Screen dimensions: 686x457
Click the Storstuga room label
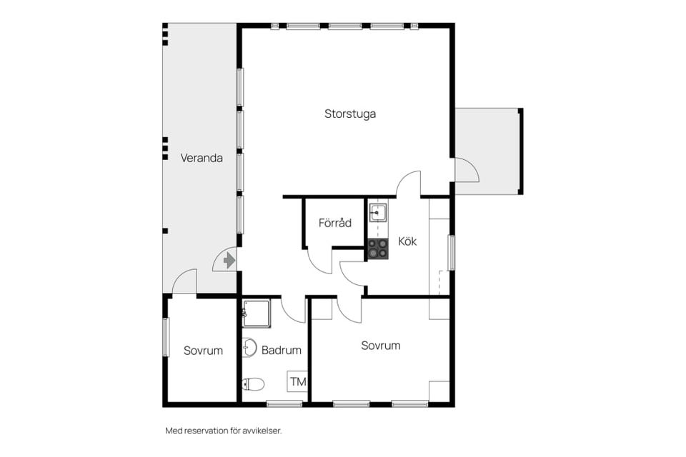[x=350, y=114]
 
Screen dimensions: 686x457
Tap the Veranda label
[x=202, y=158]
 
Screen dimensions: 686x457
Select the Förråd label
[x=334, y=223]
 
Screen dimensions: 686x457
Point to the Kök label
[x=407, y=241]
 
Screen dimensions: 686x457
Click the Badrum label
[x=282, y=350]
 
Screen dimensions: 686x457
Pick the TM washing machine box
[x=297, y=381]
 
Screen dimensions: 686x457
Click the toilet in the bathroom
[x=253, y=384]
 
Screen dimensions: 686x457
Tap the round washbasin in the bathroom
[x=249, y=347]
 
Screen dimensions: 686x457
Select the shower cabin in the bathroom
[x=256, y=313]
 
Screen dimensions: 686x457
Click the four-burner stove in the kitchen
[x=377, y=248]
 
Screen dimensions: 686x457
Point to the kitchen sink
[x=377, y=213]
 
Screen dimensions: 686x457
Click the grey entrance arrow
[x=229, y=261]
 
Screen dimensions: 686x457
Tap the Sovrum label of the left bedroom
[x=203, y=351]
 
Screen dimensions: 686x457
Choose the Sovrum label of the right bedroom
[x=381, y=346]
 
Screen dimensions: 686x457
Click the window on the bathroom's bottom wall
[x=284, y=403]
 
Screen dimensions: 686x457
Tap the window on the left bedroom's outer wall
[x=165, y=337]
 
